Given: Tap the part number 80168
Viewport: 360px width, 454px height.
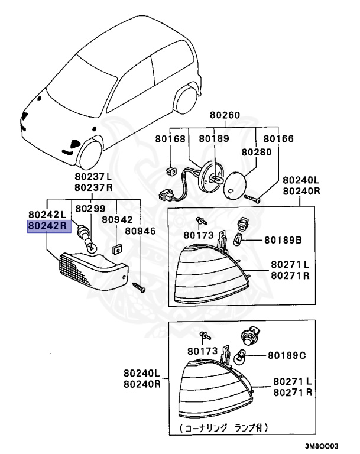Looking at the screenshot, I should tap(170, 139).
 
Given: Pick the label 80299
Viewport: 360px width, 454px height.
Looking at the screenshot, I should tap(86, 209).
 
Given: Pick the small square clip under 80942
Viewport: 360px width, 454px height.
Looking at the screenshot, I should tap(116, 243).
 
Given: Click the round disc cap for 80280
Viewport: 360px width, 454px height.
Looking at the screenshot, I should tap(236, 184).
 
